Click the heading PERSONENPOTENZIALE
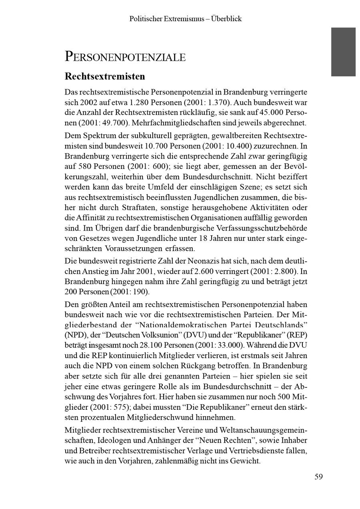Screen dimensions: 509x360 click(125, 57)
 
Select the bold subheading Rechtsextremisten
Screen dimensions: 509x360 click(105, 76)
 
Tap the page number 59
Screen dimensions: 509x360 click(318, 477)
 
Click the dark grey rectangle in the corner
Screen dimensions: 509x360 click(343, 52)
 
